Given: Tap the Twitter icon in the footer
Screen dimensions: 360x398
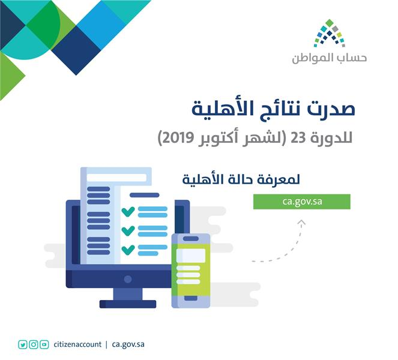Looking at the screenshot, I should click(x=22, y=344).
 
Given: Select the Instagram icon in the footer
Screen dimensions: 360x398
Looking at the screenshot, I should click(x=34, y=344).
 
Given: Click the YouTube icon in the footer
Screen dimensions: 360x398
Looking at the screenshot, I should click(x=44, y=344).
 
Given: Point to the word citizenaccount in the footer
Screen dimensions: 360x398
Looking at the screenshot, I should click(x=77, y=344).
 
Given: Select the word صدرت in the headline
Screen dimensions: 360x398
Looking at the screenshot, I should click(x=331, y=111).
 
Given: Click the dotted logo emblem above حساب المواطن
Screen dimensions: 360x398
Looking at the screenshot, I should click(x=328, y=35).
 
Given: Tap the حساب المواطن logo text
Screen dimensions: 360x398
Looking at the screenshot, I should click(x=329, y=59).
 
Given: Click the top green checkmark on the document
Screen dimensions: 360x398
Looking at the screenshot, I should click(x=128, y=211).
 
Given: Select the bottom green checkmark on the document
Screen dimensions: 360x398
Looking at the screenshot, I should click(x=128, y=249).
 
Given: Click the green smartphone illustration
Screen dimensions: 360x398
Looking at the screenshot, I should click(x=191, y=270).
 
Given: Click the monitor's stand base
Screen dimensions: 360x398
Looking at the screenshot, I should click(x=128, y=303).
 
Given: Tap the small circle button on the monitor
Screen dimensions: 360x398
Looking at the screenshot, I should click(x=128, y=279).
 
